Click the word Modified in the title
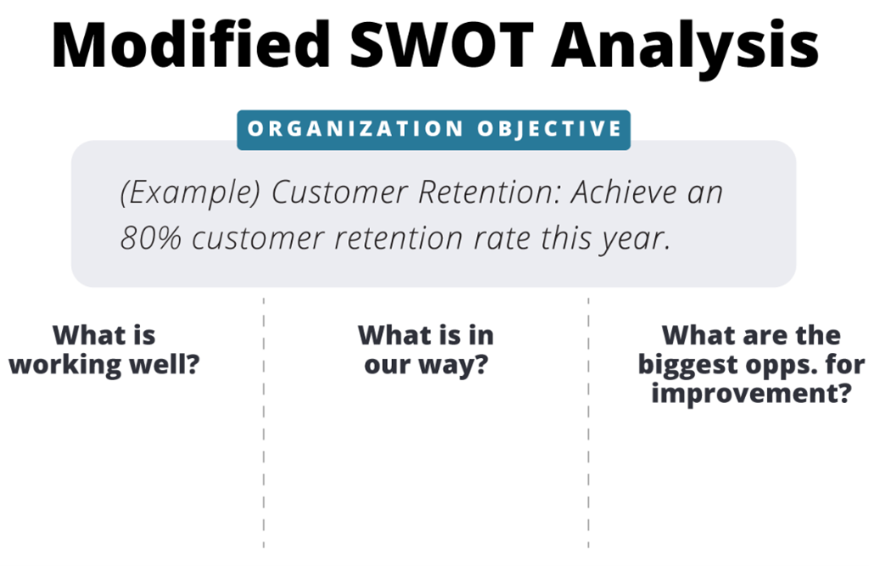click(x=191, y=44)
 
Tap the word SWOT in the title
click(x=441, y=44)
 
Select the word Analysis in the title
click(x=685, y=48)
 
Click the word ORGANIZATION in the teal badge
click(x=356, y=129)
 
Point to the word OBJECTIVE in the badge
click(x=550, y=129)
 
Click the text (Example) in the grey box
click(x=190, y=193)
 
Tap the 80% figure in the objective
click(x=151, y=238)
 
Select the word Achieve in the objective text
click(x=624, y=192)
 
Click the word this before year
click(x=565, y=238)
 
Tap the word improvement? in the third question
click(x=752, y=395)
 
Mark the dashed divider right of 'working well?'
click(x=264, y=423)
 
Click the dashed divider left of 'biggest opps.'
click(x=589, y=423)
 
